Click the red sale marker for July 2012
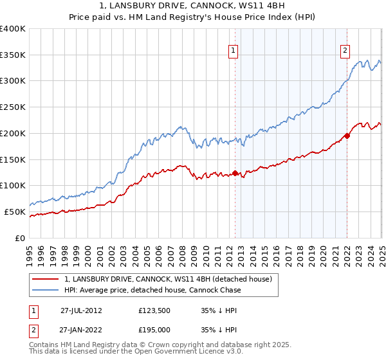click(235, 173)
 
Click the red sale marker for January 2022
click(347, 136)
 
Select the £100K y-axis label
click(13, 186)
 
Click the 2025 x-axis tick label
click(381, 251)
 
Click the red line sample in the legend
click(46, 279)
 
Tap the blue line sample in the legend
click(46, 290)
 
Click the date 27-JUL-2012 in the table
click(81, 310)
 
